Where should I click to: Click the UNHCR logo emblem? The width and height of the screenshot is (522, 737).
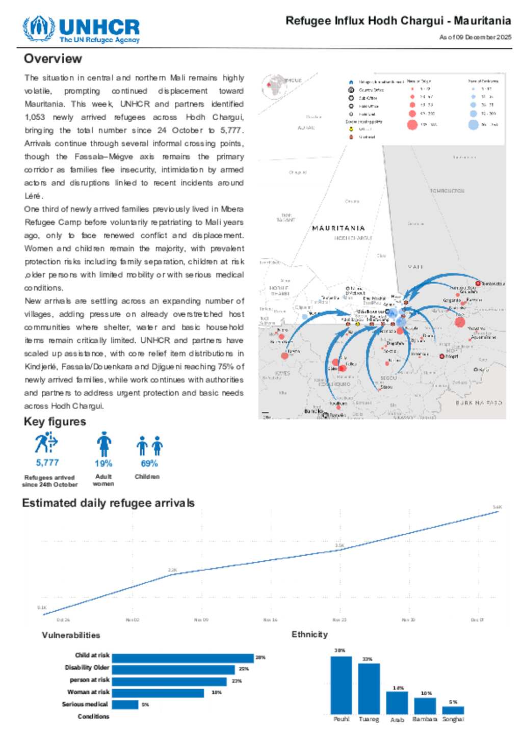tap(38, 29)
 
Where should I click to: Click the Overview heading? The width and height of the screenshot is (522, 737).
tap(53, 59)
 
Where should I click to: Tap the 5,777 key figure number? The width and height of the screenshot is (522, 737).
tap(47, 462)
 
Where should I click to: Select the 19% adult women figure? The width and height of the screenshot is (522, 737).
tap(103, 463)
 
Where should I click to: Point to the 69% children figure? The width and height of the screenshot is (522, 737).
tap(149, 463)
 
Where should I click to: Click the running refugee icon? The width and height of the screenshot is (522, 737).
tap(46, 443)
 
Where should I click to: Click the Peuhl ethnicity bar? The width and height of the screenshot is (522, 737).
tap(341, 685)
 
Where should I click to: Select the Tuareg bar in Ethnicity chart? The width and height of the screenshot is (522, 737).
tap(369, 689)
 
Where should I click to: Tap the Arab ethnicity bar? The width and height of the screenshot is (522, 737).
tap(397, 702)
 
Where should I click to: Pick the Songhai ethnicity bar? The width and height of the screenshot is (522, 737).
tap(453, 710)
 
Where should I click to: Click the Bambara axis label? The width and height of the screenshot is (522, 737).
tap(425, 720)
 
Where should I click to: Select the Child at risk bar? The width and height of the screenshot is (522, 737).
tap(182, 658)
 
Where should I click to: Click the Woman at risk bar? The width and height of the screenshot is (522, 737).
tap(158, 693)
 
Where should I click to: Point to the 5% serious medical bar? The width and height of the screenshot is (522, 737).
tap(125, 704)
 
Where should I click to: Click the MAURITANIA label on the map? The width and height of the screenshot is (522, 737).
tap(338, 228)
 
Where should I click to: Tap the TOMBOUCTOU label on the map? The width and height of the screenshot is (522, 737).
tap(447, 191)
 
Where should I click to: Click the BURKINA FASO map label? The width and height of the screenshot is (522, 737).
tap(479, 403)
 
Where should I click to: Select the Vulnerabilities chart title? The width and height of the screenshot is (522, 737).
tap(71, 635)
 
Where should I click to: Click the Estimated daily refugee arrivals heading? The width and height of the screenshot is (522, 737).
tap(108, 503)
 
